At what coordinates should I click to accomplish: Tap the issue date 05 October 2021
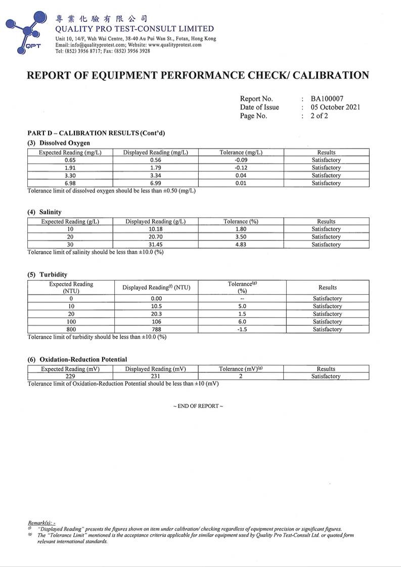point(335,107)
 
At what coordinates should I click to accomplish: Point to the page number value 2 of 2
point(319,116)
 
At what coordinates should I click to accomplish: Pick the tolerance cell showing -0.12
point(241,168)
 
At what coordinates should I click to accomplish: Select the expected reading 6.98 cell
point(70,183)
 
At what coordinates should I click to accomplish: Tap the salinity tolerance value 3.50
point(241,237)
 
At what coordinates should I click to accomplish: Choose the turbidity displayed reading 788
point(156,329)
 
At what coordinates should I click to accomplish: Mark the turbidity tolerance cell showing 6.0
point(242,322)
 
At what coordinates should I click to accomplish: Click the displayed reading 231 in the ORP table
point(156,376)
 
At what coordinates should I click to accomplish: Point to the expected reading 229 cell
point(70,376)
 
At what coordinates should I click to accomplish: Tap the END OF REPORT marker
point(198,406)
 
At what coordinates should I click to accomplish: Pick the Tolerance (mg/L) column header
point(241,153)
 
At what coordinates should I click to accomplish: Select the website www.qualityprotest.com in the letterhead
point(175,45)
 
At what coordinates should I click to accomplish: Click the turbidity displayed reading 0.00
point(156,299)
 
